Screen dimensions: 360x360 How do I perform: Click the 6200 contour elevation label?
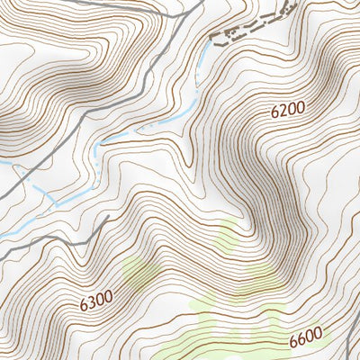(288, 110)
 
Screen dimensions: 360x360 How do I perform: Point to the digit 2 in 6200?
(282, 112)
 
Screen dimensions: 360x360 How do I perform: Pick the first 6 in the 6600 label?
(294, 343)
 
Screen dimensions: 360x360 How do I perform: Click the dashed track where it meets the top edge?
(293, 3)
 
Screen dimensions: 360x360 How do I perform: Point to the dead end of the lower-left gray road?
(108, 217)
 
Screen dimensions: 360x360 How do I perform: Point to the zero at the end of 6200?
(301, 107)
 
